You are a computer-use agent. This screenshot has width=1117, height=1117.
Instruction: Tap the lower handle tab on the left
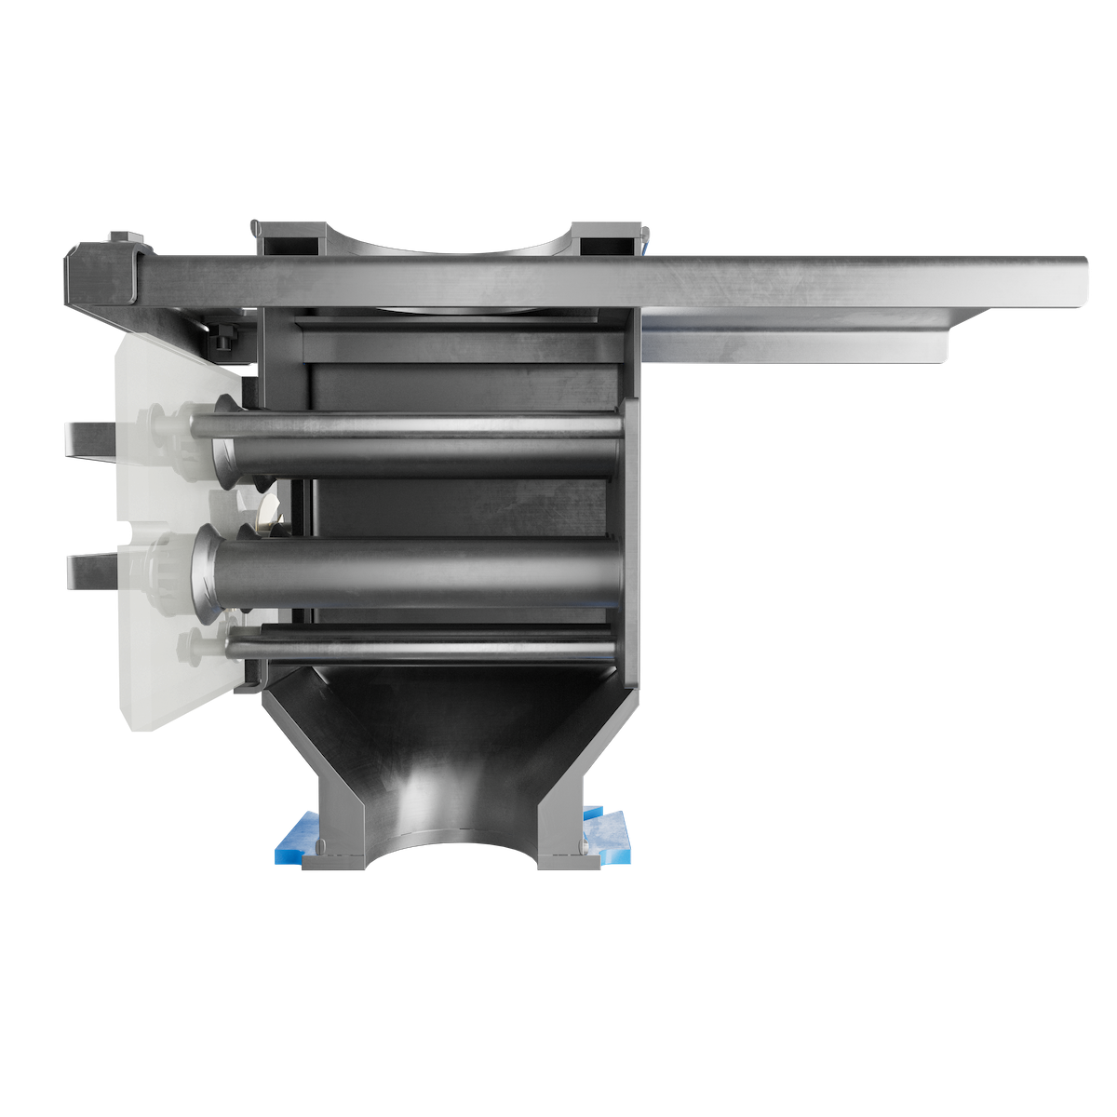[x=89, y=570]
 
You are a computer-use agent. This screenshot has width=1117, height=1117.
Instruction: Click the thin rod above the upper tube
[x=419, y=424]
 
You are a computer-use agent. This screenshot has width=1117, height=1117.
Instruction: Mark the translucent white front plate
[x=158, y=652]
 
